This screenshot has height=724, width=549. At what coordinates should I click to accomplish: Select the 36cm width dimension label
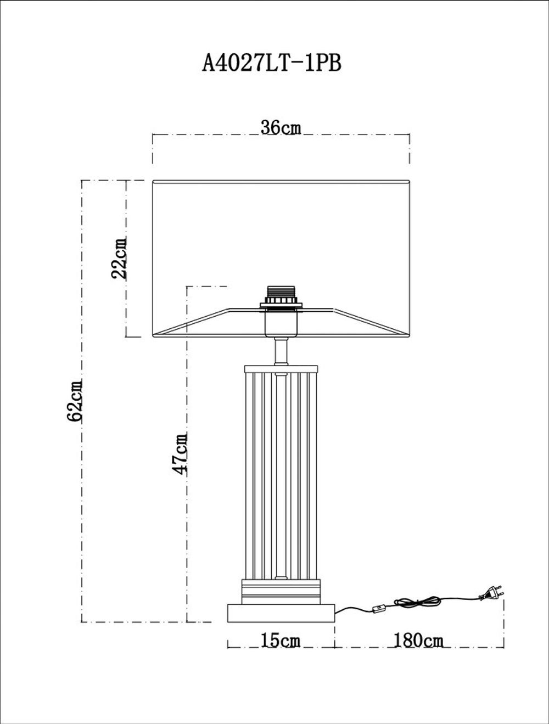(281, 127)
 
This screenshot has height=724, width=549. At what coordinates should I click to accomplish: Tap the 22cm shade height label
(119, 257)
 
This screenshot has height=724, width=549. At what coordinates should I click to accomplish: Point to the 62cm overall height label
(75, 400)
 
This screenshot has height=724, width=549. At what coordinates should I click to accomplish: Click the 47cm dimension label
(180, 453)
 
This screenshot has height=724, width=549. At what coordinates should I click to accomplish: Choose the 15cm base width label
(281, 640)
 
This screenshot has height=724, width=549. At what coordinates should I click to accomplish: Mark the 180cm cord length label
(418, 640)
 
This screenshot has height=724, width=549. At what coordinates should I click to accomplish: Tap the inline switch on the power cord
(378, 608)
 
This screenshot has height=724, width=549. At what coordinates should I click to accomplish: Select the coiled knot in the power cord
(417, 602)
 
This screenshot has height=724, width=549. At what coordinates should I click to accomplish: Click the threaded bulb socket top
(281, 294)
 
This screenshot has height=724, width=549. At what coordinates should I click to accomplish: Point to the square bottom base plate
(281, 613)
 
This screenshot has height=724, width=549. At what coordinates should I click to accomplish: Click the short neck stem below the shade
(281, 351)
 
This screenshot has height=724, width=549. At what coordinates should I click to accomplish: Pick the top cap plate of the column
(281, 369)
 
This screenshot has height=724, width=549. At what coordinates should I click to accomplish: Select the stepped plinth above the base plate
(281, 592)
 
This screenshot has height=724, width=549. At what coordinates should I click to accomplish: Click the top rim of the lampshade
(281, 181)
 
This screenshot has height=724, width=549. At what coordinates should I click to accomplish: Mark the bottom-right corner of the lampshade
(409, 336)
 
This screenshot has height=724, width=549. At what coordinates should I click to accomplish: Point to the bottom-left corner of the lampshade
(153, 336)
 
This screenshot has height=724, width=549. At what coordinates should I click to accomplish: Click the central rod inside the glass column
(281, 472)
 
